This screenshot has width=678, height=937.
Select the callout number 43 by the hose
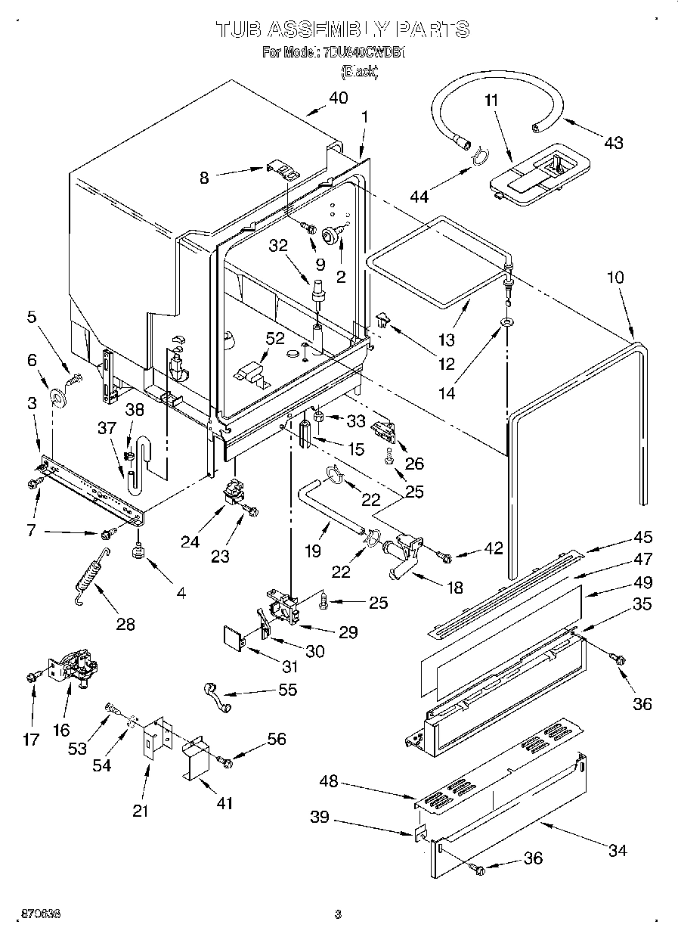click(x=613, y=141)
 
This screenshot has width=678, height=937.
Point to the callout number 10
click(x=615, y=278)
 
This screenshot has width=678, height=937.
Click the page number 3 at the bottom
click(x=338, y=914)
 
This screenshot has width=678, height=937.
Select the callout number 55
click(x=287, y=690)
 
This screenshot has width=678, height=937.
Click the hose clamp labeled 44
click(x=477, y=157)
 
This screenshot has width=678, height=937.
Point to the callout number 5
click(x=31, y=318)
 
